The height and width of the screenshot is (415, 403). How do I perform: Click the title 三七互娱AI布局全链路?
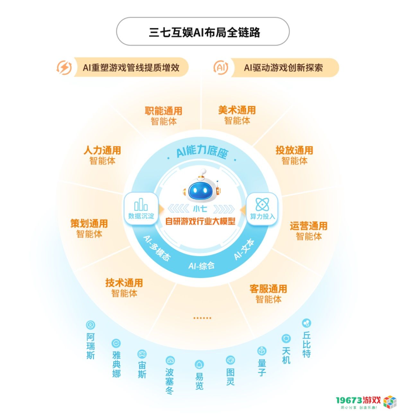click(x=204, y=32)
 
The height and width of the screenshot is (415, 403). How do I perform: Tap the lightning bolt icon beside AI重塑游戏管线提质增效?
click(x=64, y=68)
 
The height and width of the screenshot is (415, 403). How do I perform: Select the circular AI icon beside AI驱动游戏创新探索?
click(x=221, y=68)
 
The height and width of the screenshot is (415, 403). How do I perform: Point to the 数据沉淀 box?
click(x=141, y=208)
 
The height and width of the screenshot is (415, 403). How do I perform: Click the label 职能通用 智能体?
click(x=163, y=116)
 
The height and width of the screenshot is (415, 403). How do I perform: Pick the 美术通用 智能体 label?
click(x=237, y=115)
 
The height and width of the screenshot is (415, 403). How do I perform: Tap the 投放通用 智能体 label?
click(x=294, y=155)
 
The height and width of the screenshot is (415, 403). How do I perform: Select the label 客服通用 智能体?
click(x=268, y=294)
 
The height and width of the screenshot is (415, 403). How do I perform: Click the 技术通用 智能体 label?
click(x=124, y=288)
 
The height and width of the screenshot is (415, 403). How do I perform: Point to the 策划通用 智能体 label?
click(x=89, y=229)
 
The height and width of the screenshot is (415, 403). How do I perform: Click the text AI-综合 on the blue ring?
click(x=201, y=266)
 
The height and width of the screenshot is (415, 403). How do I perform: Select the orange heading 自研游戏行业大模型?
click(x=200, y=221)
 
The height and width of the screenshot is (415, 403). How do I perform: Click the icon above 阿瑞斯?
click(x=90, y=325)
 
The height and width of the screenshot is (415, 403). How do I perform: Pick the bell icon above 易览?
click(x=199, y=364)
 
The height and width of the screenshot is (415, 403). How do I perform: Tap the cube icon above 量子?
click(x=262, y=351)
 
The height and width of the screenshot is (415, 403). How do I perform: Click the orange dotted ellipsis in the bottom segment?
click(x=202, y=318)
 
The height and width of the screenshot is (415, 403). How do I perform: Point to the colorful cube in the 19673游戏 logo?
click(x=390, y=402)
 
